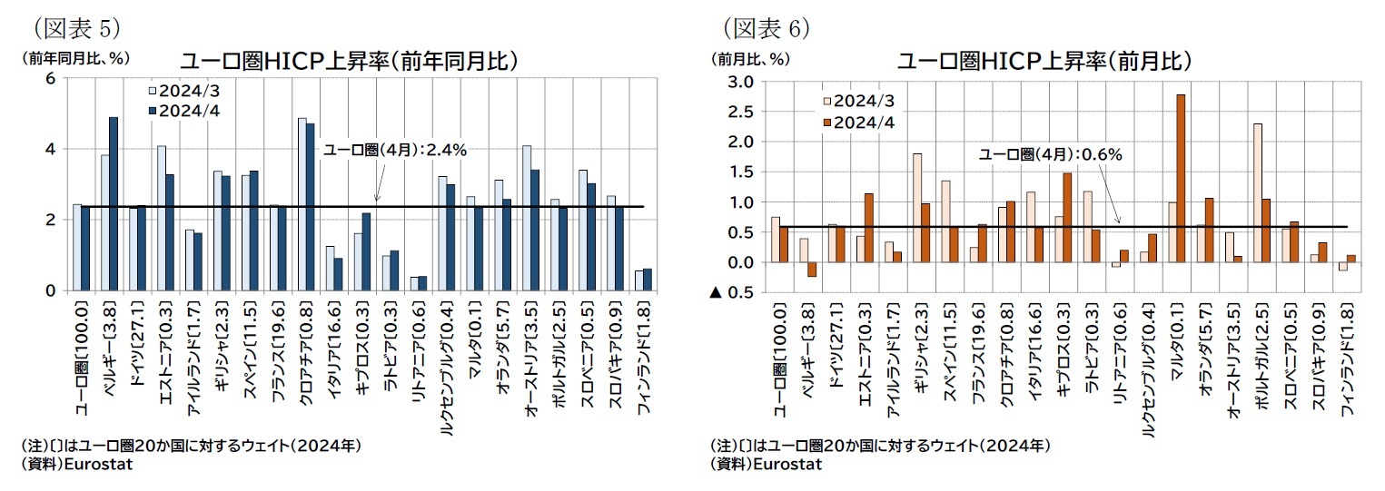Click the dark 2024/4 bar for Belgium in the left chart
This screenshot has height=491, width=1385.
(x=114, y=203)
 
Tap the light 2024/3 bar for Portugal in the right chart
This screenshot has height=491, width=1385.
(x=1256, y=192)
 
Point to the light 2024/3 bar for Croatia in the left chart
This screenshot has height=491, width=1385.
(x=302, y=203)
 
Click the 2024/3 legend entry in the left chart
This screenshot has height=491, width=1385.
(x=183, y=91)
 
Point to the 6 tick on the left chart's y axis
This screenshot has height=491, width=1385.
(x=51, y=78)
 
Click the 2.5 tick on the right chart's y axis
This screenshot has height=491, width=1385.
(x=742, y=112)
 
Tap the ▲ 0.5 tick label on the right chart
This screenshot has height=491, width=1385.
(x=732, y=292)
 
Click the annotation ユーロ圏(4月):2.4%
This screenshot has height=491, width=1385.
(x=395, y=151)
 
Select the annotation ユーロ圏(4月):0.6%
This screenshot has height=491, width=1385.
(x=1050, y=154)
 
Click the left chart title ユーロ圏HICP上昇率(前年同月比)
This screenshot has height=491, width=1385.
(x=349, y=61)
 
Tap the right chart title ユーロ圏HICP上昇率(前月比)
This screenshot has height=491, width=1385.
(x=1044, y=61)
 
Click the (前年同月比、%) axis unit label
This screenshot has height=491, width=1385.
(x=75, y=57)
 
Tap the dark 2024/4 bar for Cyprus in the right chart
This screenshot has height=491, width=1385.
(x=1067, y=217)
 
